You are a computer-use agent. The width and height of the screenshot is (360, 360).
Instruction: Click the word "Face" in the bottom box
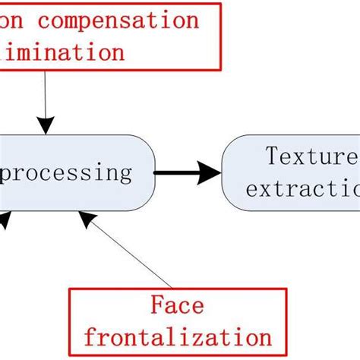pyautogui.click(x=177, y=306)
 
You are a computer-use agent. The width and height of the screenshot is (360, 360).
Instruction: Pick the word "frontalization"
pyautogui.click(x=176, y=336)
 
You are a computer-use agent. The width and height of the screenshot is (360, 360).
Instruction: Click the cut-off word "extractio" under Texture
pyautogui.click(x=302, y=187)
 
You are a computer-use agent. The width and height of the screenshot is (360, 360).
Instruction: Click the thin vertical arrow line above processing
pyautogui.click(x=46, y=99)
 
